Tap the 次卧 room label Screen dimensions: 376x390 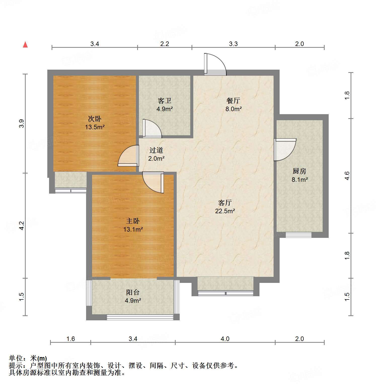pos(95,118)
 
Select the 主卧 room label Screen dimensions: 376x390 pos(133,221)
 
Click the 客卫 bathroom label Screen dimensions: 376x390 pos(165,101)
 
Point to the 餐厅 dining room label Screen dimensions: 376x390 pos(233,101)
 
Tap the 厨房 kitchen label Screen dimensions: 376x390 pos(299,171)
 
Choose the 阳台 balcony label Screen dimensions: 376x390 pos(133,292)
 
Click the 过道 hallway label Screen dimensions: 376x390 pos(156,150)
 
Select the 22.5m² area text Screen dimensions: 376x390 pos(225,211)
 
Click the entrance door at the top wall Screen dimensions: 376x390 pos(215,64)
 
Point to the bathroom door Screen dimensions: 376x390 pos(152,128)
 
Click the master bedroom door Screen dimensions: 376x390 pos(153,182)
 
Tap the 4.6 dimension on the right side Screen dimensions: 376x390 pos(347,176)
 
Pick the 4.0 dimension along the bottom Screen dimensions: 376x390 pos(225,339)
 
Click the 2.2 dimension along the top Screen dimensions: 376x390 pos(165,44)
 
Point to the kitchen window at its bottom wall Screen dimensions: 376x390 pos(298,235)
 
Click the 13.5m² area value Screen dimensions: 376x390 pos(95,127)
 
